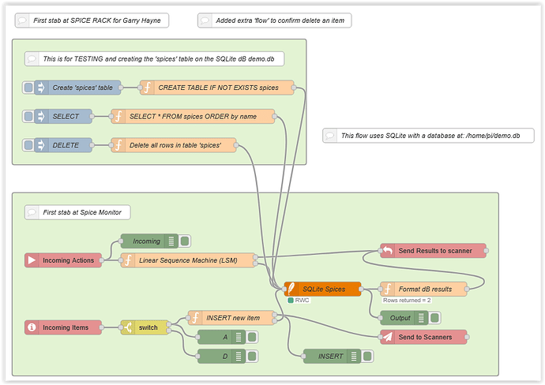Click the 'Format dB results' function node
pyautogui.click(x=423, y=289)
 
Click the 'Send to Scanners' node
pyautogui.click(x=423, y=337)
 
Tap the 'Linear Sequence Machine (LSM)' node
pyautogui.click(x=188, y=260)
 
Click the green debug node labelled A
pyautogui.click(x=225, y=337)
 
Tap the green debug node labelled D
pyautogui.click(x=225, y=356)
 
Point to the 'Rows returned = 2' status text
pyautogui.click(x=406, y=301)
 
